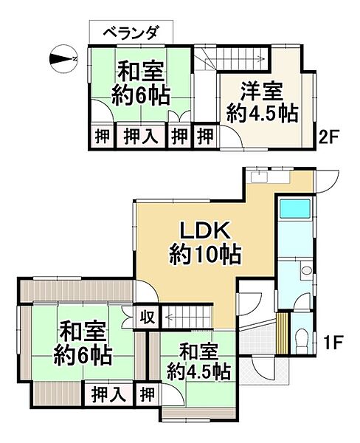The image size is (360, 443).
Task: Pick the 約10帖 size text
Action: [x=202, y=256]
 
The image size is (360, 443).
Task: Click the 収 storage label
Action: [x=148, y=317]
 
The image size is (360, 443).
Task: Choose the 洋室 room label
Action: [x=261, y=94]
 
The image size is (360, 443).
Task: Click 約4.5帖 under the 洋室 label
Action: [x=261, y=116]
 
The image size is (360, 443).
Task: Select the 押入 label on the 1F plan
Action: [x=108, y=394]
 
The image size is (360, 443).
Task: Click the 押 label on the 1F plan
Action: [x=148, y=394]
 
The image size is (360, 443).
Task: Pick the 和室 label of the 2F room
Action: [x=141, y=74]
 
